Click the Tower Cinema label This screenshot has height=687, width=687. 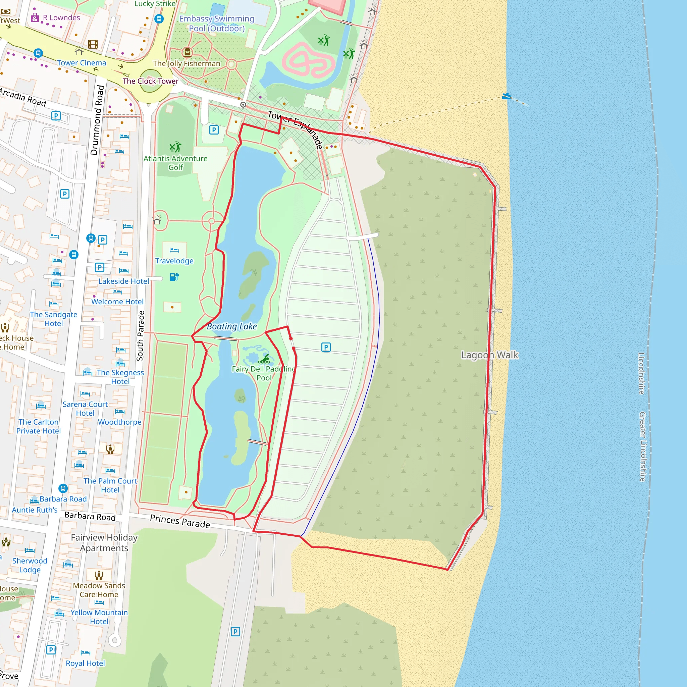(82, 63)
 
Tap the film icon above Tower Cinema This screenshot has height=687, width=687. (93, 44)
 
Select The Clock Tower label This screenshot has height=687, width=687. (150, 81)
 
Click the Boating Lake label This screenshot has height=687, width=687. (232, 326)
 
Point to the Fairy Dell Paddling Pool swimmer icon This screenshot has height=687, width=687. (266, 357)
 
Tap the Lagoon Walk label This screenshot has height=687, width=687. (489, 355)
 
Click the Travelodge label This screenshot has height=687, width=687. (174, 261)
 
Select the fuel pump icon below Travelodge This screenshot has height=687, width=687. (174, 277)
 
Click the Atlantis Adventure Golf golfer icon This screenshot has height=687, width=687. (175, 147)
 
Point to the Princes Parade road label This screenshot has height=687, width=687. (180, 521)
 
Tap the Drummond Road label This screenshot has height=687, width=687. (97, 120)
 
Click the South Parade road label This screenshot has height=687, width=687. (141, 336)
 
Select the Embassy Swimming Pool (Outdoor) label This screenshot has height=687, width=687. (217, 23)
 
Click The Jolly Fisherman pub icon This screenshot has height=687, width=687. (187, 53)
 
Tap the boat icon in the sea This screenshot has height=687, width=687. (506, 96)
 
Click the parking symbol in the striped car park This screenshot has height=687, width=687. (326, 347)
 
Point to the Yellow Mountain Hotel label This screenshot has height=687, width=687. (99, 617)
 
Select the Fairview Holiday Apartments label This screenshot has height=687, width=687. (104, 543)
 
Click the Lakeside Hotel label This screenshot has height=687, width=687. (124, 281)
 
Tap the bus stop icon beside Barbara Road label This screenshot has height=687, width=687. (63, 488)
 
